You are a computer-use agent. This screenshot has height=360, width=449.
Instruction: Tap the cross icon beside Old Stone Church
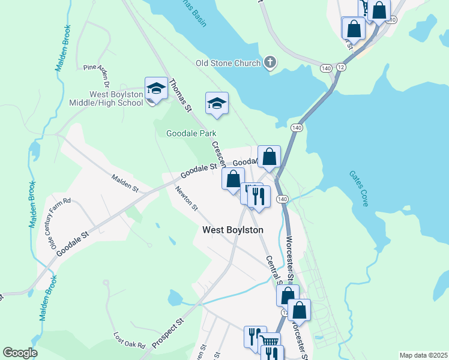tap(270, 62)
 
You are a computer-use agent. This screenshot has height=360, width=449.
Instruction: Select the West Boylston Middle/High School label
tap(116, 98)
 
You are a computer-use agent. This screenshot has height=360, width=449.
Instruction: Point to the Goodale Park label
tap(191, 134)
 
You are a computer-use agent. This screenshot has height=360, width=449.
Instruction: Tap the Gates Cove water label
tap(359, 188)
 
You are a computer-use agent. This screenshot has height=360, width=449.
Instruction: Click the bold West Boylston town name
tap(233, 230)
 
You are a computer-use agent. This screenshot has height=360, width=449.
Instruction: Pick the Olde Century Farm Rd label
tap(61, 223)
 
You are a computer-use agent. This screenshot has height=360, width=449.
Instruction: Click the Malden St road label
tap(125, 183)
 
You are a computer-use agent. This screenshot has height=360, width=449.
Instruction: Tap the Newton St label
tap(187, 199)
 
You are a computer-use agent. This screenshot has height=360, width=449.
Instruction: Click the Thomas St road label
tap(179, 96)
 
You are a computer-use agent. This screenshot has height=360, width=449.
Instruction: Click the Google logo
tap(20, 353)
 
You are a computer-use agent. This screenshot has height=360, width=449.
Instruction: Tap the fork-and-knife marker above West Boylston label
tap(259, 196)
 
